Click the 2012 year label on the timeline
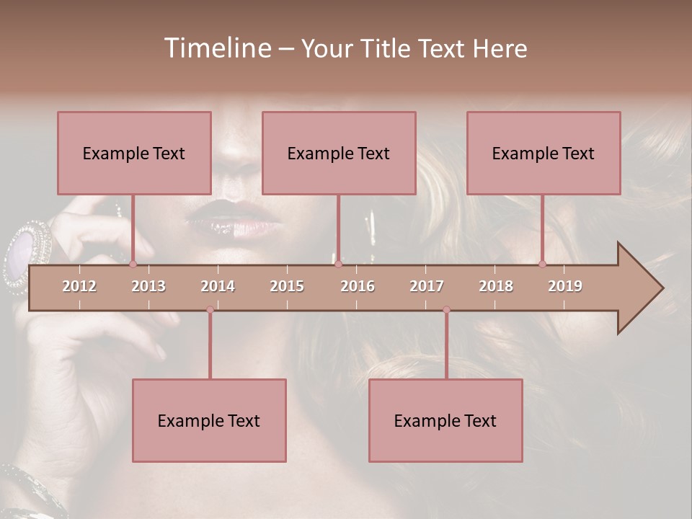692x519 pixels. coord(79,286)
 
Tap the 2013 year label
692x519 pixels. coord(148,286)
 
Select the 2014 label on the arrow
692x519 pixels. coord(218,286)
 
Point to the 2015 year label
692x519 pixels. coord(287,286)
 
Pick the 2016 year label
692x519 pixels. coord(358,286)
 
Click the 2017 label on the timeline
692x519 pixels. coord(427,286)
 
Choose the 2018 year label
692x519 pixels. coord(496,286)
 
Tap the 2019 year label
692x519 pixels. coord(565,286)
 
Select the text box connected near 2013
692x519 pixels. coord(134,153)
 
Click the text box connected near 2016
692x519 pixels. coord(339,153)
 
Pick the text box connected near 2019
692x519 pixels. coord(544,153)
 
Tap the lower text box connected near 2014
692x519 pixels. coord(209,420)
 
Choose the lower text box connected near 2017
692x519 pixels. coord(445,420)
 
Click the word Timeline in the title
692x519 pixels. coord(217,48)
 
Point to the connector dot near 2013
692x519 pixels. coord(133,265)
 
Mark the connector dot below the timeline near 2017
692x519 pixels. coord(446,310)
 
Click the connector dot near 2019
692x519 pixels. coord(542,265)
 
